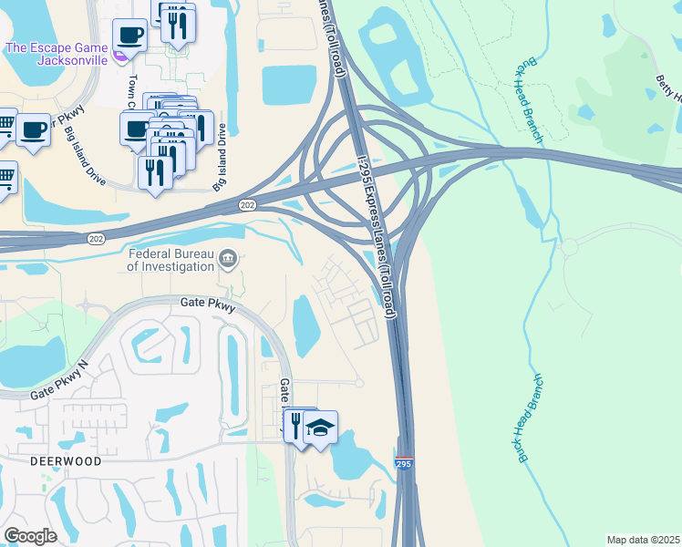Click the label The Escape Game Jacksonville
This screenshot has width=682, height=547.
57,54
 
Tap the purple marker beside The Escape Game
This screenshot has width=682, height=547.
120,58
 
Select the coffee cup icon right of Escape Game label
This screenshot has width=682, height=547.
129,36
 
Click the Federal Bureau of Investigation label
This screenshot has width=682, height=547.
170,260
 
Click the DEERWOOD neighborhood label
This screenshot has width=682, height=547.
66,461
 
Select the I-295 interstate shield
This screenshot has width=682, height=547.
404,464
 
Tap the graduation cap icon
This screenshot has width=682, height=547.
320,427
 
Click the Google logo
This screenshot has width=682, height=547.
30,536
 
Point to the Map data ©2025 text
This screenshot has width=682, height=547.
643,540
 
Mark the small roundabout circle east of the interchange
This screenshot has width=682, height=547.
570,247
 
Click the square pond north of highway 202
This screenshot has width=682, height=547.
289,85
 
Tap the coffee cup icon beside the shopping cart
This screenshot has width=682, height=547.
33,129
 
